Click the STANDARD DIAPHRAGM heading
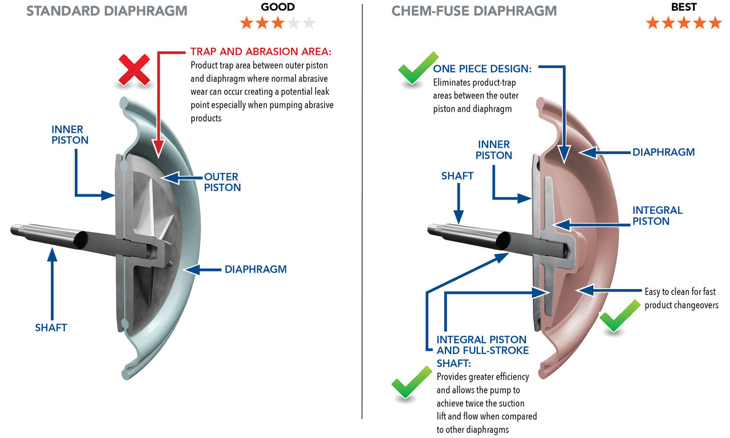107,11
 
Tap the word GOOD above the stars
278,7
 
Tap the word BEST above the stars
684,7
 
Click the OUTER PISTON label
222,182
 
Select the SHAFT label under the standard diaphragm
51,327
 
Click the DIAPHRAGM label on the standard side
255,269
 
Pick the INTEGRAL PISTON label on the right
657,216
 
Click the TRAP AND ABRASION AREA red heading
261,52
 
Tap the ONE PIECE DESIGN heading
482,69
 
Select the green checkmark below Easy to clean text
620,315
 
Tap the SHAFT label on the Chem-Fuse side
457,176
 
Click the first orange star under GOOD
247,23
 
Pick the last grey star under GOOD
309,23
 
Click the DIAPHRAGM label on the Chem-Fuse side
663,152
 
